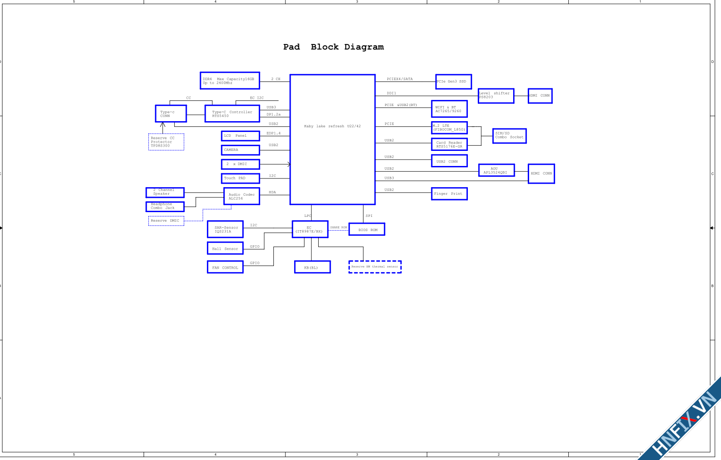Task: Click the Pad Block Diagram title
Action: (x=333, y=47)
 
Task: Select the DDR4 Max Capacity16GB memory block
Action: (x=230, y=81)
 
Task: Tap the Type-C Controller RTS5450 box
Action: (x=232, y=114)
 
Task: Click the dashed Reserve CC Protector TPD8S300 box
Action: (x=166, y=142)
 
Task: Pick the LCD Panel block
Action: (x=240, y=136)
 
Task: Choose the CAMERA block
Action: (x=240, y=150)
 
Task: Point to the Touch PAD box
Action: (x=240, y=178)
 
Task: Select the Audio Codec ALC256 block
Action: (x=241, y=196)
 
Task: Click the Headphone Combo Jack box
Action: (x=165, y=207)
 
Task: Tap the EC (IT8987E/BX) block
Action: (x=310, y=229)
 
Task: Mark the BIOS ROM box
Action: (x=367, y=229)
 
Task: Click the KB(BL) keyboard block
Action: (x=312, y=267)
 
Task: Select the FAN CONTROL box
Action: (x=225, y=267)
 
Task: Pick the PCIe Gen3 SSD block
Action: (x=453, y=81)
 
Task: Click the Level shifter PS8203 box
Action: (x=496, y=96)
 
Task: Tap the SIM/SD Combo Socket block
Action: (x=509, y=136)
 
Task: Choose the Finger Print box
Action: (x=449, y=194)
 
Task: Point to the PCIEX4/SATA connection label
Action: (x=399, y=79)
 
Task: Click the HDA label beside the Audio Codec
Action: (x=272, y=192)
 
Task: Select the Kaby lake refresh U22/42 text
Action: (x=332, y=126)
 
